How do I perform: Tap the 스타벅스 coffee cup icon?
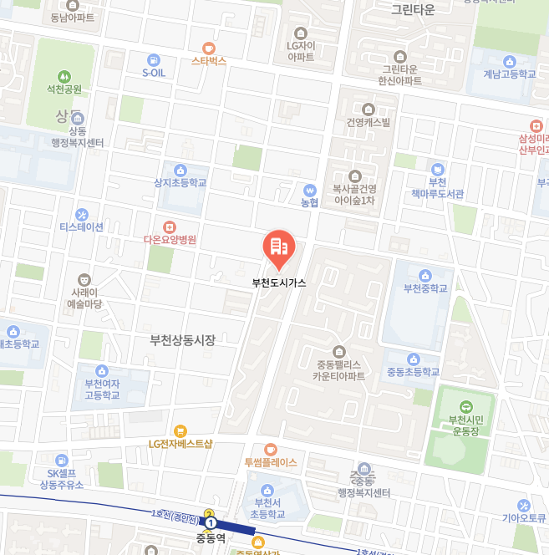pyautogui.click(x=208, y=48)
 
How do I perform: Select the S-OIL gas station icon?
pyautogui.click(x=153, y=60)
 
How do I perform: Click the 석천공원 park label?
pyautogui.click(x=64, y=89)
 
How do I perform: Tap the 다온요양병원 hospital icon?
pyautogui.click(x=169, y=227)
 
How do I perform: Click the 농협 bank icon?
pyautogui.click(x=310, y=190)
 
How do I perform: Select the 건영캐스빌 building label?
pyautogui.click(x=369, y=122)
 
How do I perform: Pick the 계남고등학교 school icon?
pyautogui.click(x=509, y=61)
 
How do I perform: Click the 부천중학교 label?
pyautogui.click(x=425, y=288)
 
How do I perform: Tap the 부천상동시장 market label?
pyautogui.click(x=182, y=340)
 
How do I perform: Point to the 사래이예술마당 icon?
pyautogui.click(x=84, y=280)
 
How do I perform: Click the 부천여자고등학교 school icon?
pyautogui.click(x=102, y=370)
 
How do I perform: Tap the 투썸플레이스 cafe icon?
pyautogui.click(x=270, y=450)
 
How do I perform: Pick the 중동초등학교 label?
pyautogui.click(x=413, y=371)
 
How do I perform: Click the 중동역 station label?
pyautogui.click(x=211, y=538)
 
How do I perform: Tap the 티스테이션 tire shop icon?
pyautogui.click(x=81, y=215)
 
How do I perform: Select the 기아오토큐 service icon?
pyautogui.click(x=524, y=505)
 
